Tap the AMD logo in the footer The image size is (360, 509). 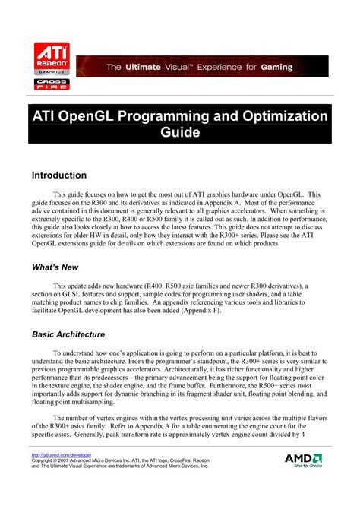click(x=304, y=460)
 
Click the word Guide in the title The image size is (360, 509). click(x=180, y=133)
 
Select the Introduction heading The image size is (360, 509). click(x=59, y=175)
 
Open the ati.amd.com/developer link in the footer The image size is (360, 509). click(x=56, y=455)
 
